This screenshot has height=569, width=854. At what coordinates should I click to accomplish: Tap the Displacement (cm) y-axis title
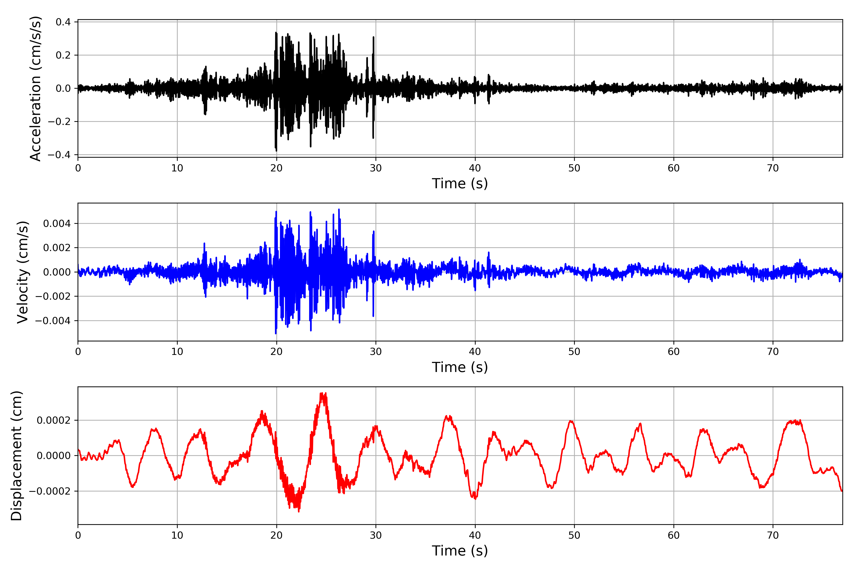(x=16, y=455)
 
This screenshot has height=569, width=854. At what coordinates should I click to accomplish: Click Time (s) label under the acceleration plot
(x=460, y=184)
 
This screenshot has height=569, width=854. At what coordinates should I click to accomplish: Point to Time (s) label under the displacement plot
(x=460, y=551)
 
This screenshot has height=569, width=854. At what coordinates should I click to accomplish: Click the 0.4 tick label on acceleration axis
(x=63, y=22)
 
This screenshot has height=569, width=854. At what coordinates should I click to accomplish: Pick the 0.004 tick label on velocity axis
(x=57, y=224)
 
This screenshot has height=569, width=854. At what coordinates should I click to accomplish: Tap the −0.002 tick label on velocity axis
(x=53, y=297)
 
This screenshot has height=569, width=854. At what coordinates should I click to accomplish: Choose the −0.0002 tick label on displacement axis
(x=50, y=491)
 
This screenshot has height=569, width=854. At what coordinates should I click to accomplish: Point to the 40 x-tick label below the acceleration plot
(x=475, y=168)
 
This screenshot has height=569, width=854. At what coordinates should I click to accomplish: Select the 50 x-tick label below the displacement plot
(x=574, y=535)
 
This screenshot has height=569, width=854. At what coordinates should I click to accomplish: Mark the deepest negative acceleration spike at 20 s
(x=276, y=151)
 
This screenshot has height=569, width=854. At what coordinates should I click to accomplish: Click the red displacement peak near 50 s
(x=571, y=421)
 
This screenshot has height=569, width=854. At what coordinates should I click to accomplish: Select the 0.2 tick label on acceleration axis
(x=63, y=55)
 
